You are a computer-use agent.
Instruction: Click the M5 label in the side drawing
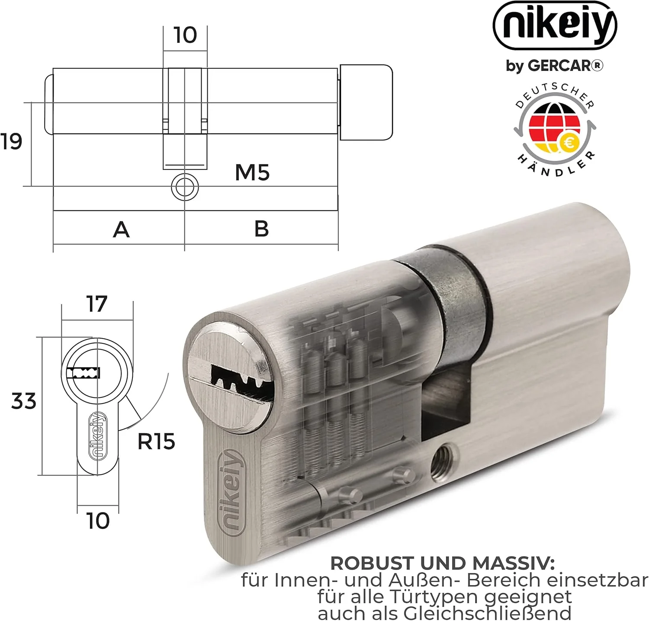(x=252, y=173)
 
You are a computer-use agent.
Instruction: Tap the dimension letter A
(x=121, y=229)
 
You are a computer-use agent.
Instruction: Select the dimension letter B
(x=261, y=228)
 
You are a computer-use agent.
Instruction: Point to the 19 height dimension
(x=11, y=141)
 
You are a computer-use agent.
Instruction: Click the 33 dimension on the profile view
(x=24, y=401)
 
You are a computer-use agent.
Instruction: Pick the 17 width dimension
(x=96, y=304)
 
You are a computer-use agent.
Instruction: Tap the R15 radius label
(x=156, y=442)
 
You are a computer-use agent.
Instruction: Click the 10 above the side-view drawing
(x=185, y=35)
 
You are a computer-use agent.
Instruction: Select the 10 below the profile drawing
(x=98, y=521)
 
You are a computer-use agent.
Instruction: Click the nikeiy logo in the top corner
(x=555, y=26)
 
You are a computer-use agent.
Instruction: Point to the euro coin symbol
(x=569, y=143)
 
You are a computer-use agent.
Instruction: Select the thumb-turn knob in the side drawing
(x=366, y=102)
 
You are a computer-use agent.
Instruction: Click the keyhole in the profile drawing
(x=84, y=373)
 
